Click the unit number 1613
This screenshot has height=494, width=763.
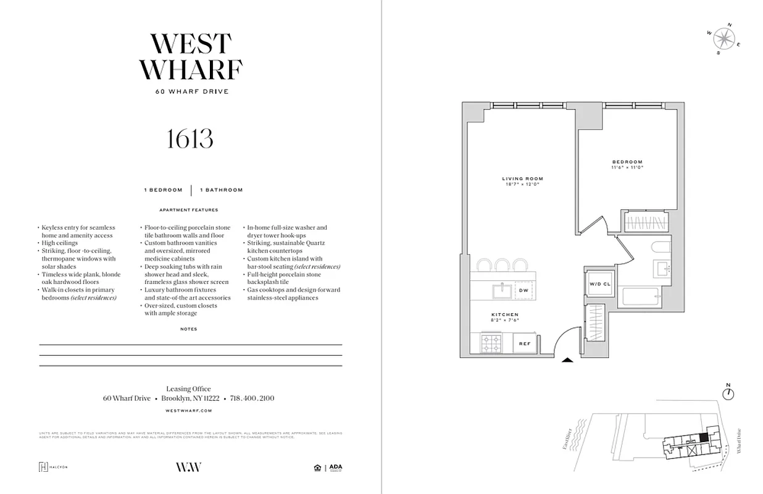190,139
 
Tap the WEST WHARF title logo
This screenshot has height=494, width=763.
191,57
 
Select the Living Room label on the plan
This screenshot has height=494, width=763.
522,182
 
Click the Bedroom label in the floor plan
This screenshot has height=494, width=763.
627,164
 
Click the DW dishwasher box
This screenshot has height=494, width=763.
523,290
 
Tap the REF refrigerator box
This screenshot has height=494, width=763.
525,343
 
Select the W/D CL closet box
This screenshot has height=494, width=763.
599,284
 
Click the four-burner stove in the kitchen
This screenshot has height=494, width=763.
491,343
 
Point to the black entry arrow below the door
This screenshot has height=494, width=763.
567,362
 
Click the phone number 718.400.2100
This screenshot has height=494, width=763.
252,398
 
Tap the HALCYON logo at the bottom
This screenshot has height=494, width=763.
53,467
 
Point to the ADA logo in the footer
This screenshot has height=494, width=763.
335,467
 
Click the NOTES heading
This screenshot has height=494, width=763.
189,329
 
